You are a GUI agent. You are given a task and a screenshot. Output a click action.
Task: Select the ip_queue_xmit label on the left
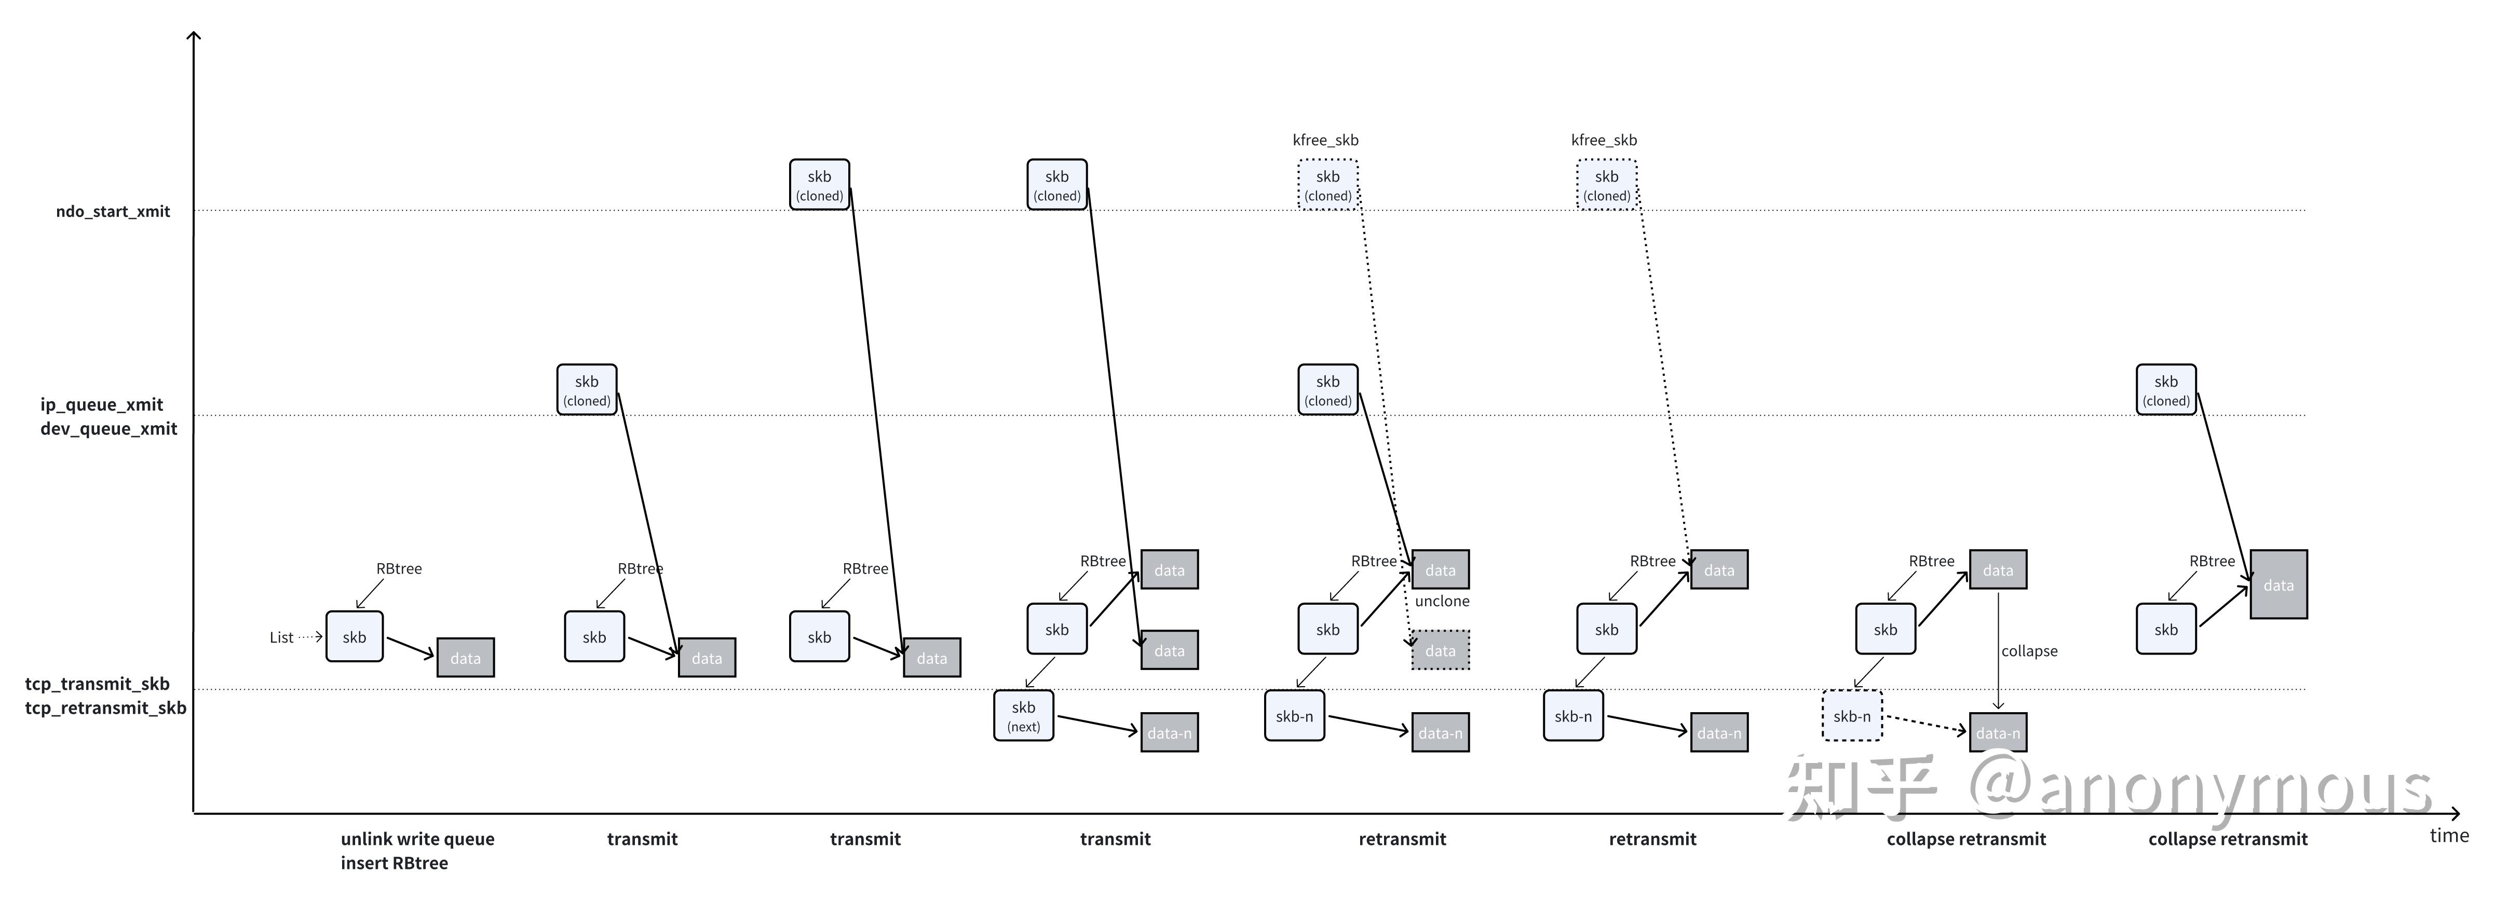(x=102, y=405)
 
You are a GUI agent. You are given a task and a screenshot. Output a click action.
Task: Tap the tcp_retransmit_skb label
(x=105, y=708)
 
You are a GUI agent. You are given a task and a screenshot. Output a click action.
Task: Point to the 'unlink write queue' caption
(x=417, y=839)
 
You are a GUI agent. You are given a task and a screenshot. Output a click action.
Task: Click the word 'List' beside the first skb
(x=281, y=637)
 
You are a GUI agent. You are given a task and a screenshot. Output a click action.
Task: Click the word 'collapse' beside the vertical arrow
(x=2029, y=651)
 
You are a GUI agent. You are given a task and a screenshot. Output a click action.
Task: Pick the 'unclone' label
(x=1442, y=601)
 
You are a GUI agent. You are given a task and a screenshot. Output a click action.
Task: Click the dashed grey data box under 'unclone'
(x=1440, y=650)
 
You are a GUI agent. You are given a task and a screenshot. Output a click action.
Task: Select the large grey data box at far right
(x=2278, y=584)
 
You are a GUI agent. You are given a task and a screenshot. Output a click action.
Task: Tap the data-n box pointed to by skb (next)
(x=1169, y=732)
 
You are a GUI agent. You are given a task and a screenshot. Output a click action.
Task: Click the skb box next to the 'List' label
(x=355, y=636)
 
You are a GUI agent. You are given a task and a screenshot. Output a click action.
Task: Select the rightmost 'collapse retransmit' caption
(x=2228, y=839)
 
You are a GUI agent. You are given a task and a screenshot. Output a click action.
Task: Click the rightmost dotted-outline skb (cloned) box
(x=1607, y=184)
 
